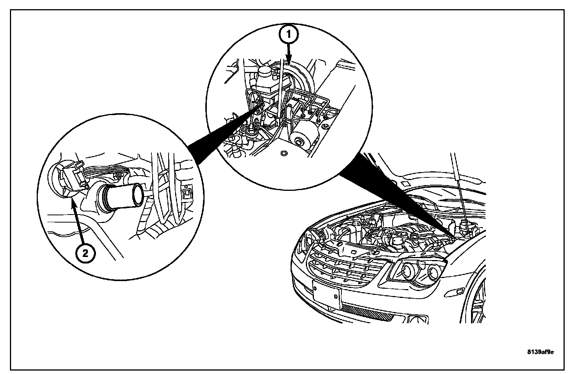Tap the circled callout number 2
click(85, 253)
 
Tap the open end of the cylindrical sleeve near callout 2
click(136, 197)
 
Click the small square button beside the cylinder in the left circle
click(187, 193)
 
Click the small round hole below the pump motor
click(283, 154)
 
